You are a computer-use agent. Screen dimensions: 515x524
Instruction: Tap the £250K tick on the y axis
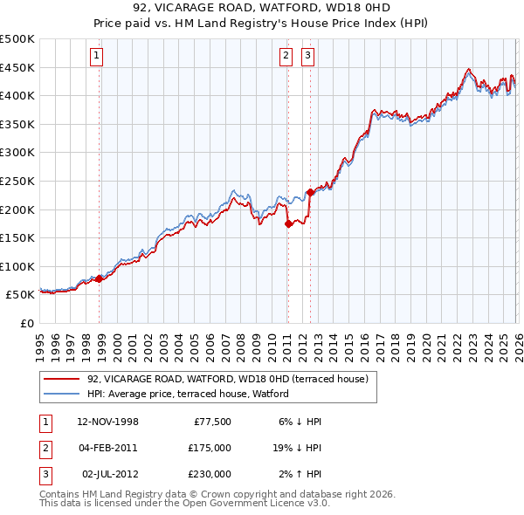[x=17, y=181]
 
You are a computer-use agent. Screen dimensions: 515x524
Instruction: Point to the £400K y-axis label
[x=17, y=95]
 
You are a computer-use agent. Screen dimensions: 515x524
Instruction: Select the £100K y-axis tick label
[x=17, y=266]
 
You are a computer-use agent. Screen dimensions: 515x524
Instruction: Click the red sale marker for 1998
[x=100, y=279]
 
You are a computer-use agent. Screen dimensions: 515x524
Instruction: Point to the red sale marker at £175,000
[x=288, y=223]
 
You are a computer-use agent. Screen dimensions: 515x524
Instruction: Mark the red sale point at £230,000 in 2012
[x=310, y=192]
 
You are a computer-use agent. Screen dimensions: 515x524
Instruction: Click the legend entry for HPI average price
[x=188, y=394]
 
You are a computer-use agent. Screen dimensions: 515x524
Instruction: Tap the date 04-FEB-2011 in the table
[x=107, y=448]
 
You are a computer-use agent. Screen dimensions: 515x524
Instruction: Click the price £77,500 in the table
[x=210, y=422]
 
